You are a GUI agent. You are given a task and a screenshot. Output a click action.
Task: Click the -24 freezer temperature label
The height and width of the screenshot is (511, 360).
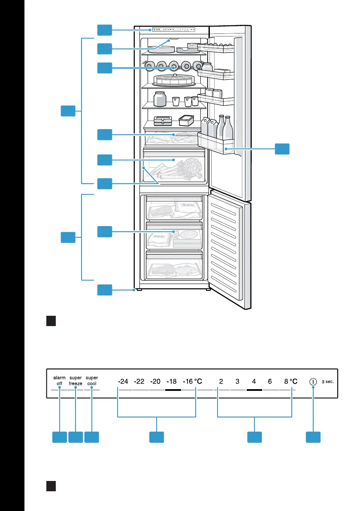123,381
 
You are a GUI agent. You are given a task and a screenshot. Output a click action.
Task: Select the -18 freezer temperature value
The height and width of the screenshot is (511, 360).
171,381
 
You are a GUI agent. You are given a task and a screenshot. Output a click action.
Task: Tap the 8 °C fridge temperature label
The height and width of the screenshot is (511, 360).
290,381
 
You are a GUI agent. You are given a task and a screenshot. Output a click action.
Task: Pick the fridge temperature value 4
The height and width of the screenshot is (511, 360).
254,381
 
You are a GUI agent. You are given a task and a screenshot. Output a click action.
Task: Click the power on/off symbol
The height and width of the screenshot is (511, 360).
313,381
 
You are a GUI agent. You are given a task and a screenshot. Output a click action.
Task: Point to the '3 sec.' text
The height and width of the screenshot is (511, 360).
328,381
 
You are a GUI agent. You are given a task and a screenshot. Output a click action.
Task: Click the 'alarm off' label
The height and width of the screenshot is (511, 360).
59,381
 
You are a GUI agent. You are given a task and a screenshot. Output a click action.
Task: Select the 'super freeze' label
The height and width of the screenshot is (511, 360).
76,381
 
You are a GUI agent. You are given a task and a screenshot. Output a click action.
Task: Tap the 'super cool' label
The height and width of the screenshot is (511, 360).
92,381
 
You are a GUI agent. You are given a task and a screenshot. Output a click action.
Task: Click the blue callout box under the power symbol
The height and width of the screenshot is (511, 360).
313,437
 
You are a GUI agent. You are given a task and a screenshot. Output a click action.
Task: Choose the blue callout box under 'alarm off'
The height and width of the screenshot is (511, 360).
60,437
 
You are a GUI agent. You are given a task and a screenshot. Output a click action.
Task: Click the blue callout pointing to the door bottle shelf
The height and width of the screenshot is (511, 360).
282,149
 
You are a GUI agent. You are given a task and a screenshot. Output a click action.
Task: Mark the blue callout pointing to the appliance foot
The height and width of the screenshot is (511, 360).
105,290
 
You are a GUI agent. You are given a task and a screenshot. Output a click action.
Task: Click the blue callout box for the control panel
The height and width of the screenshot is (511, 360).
105,30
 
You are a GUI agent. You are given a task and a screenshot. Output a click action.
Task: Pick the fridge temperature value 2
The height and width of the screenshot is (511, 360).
221,381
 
